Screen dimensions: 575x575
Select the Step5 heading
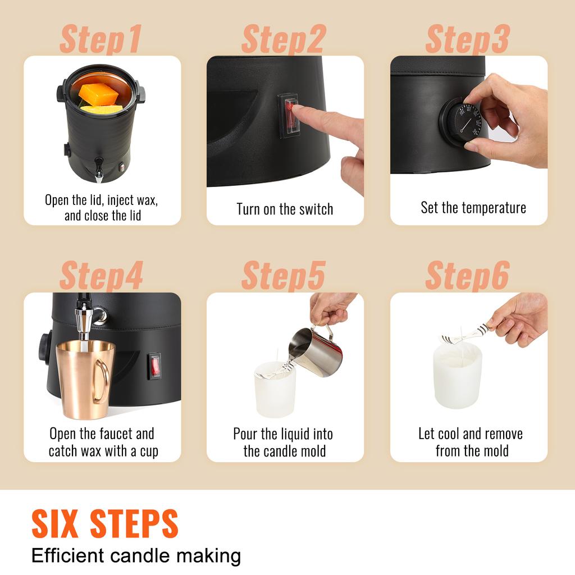[283, 276]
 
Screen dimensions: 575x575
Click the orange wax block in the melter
[99, 93]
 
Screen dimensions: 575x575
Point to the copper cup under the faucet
[81, 379]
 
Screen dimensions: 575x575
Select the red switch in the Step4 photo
[154, 366]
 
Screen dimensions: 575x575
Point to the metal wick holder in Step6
[464, 335]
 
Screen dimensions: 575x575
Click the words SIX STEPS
[105, 523]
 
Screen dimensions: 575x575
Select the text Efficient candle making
[136, 556]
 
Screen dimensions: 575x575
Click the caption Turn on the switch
[285, 209]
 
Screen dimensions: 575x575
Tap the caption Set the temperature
[473, 208]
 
